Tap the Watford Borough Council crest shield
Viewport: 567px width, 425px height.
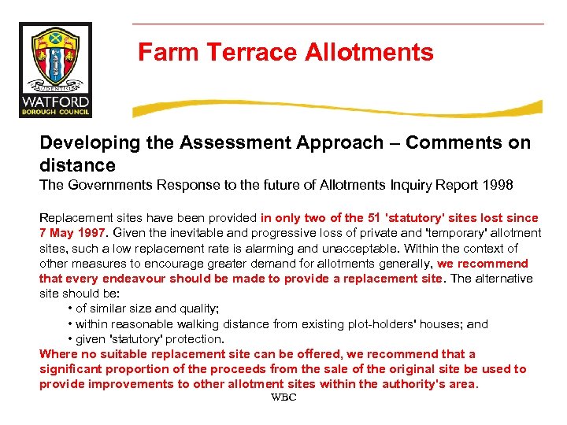(54, 56)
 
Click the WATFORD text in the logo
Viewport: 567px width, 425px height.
(55, 102)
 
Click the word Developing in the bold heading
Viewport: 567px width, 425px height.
(87, 143)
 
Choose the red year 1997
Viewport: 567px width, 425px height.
(91, 233)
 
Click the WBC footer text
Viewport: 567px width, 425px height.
(283, 398)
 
